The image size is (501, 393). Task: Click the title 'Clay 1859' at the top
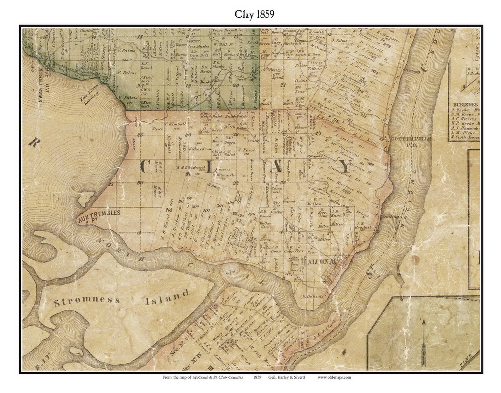[x=254, y=14]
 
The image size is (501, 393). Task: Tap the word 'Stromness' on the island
[x=87, y=302]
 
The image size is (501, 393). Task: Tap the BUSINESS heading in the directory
[x=466, y=105]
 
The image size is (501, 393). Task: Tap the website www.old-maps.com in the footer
[x=334, y=377]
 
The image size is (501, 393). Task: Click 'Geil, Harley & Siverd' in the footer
[x=286, y=377]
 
